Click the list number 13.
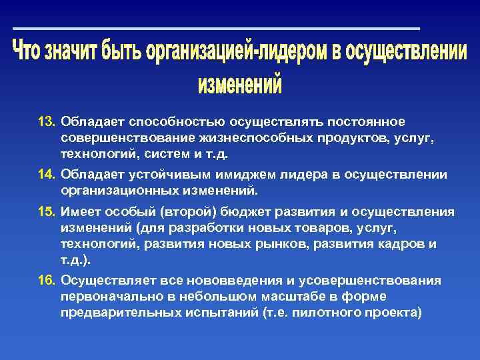click(46, 122)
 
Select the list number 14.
click(46, 175)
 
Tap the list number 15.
click(46, 213)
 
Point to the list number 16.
click(46, 281)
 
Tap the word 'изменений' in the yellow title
click(240, 85)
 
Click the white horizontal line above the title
click(217, 29)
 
